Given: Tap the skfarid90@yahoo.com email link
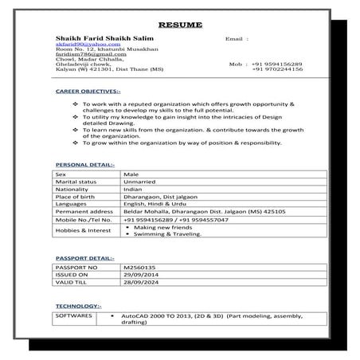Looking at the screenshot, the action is (x=77, y=45).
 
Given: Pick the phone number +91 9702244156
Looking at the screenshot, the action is (x=277, y=69).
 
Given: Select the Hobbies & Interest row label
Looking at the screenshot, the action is (x=82, y=231).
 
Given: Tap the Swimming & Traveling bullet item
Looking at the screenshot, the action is (x=167, y=234).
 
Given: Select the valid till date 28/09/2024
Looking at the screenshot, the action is (x=141, y=283).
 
